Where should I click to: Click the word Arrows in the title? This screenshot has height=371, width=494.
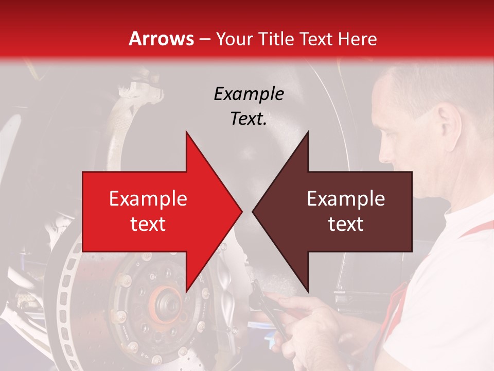click(161, 39)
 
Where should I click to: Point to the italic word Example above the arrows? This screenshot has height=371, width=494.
click(249, 94)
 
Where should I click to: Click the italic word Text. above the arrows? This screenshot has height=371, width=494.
click(249, 119)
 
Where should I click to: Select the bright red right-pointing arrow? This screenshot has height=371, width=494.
click(154, 211)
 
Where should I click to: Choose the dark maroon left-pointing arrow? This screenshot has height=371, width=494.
click(340, 211)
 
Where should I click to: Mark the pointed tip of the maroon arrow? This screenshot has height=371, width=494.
click(254, 211)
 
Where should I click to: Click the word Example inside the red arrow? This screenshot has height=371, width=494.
click(148, 199)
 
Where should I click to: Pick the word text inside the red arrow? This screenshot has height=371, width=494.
click(148, 224)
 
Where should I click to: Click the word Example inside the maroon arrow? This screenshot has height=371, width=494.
click(346, 199)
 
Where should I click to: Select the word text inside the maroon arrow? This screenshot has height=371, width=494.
click(346, 224)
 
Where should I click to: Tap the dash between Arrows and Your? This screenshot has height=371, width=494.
click(204, 39)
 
